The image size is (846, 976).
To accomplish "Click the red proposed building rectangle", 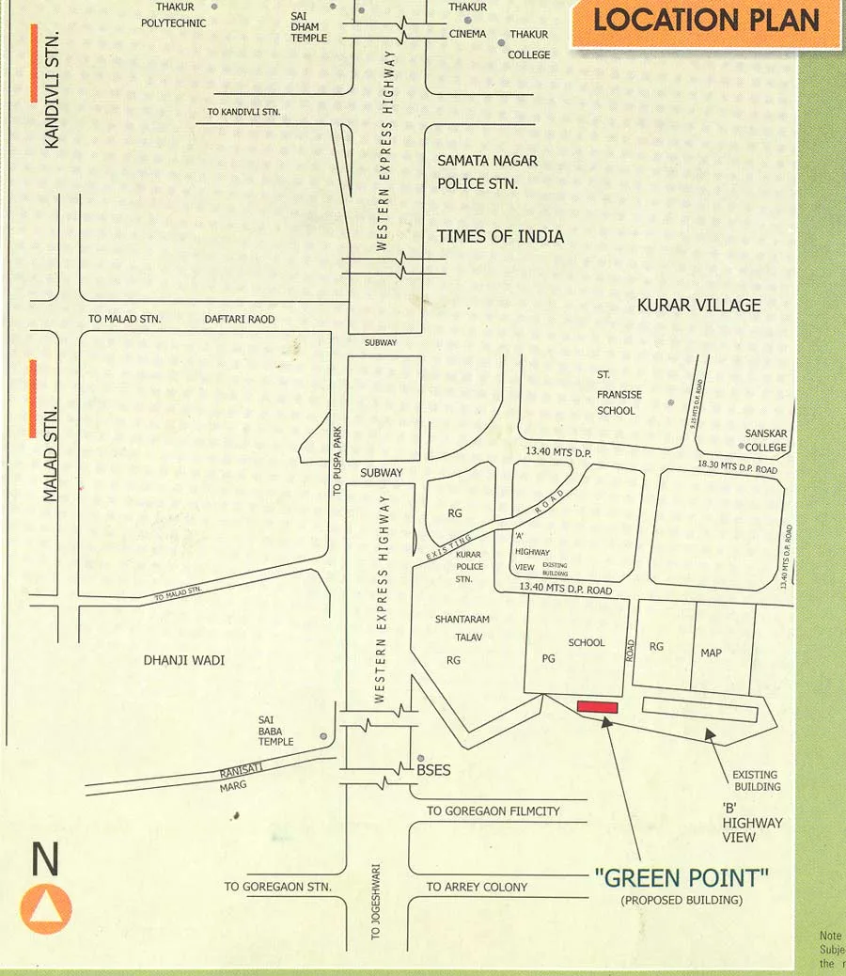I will pos(597,707).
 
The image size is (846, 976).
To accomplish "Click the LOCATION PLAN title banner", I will pos(706,21).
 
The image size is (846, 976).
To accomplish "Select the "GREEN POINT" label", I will pos(681,878).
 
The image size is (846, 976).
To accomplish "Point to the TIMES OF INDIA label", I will pos(500,236).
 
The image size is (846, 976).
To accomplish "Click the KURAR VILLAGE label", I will pos(698,305).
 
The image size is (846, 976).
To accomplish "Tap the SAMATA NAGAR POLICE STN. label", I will pos(487,172).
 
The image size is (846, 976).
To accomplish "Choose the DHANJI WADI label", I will pos(184,660).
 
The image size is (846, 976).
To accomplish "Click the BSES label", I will pos(433,770).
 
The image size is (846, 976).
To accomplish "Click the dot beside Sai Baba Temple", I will pos(323,736).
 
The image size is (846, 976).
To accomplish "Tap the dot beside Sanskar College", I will pos(742,447).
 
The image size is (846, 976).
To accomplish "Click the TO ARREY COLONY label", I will pos(477,887).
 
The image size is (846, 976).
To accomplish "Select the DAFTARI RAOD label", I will pos(240,320).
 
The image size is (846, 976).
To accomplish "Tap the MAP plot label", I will pos(711,653).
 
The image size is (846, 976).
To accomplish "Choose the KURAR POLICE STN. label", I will pos(469,567).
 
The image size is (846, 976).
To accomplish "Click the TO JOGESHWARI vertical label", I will pos(375,901).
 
